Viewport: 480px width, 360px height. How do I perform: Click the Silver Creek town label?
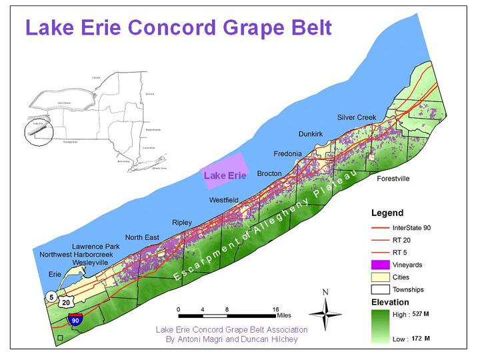pyautogui.click(x=357, y=117)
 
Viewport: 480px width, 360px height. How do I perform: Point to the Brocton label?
pyautogui.click(x=269, y=173)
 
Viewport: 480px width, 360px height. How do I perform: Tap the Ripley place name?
pyautogui.click(x=181, y=222)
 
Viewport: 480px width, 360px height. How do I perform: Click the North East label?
pyautogui.click(x=143, y=237)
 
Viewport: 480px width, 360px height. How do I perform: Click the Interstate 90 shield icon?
pyautogui.click(x=77, y=320)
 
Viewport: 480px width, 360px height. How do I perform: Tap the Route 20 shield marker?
pyautogui.click(x=66, y=303)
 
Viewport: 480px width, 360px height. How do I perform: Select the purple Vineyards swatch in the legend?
pyautogui.click(x=381, y=265)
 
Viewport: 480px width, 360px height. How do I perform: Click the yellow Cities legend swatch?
pyautogui.click(x=381, y=277)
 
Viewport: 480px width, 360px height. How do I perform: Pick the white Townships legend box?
pyautogui.click(x=381, y=289)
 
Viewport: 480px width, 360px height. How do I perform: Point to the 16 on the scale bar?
pyautogui.click(x=275, y=310)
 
